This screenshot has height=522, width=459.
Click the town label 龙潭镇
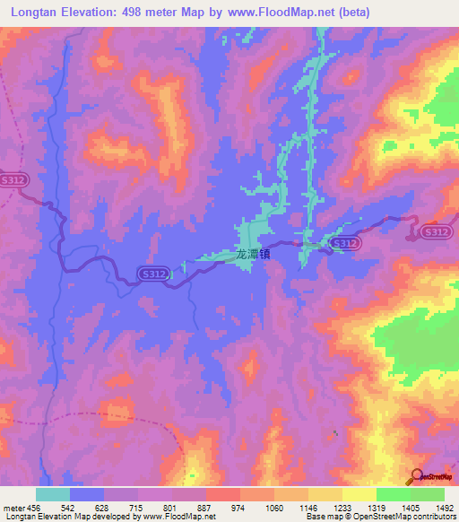pos(253,255)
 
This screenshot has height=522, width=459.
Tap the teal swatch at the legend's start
pos(53,494)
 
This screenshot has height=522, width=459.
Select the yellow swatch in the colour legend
pos(359,494)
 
